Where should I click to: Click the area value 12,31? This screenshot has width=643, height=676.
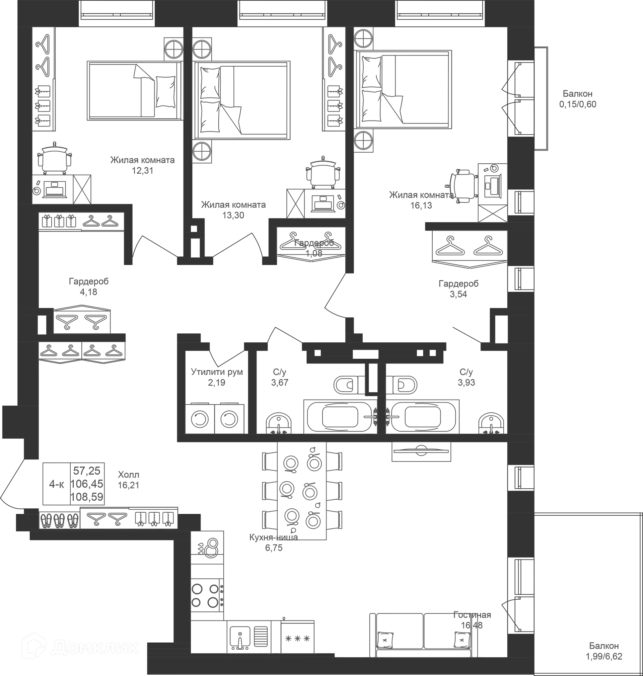pyautogui.click(x=143, y=171)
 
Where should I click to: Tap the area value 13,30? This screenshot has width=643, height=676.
pyautogui.click(x=233, y=216)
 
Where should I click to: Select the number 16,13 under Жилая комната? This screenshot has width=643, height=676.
pyautogui.click(x=421, y=205)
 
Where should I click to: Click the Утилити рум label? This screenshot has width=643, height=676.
pyautogui.click(x=217, y=372)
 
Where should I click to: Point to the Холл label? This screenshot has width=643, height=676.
pyautogui.click(x=129, y=475)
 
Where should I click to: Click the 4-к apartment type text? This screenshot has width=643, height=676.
pyautogui.click(x=57, y=484)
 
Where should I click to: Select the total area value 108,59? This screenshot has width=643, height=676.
pyautogui.click(x=87, y=497)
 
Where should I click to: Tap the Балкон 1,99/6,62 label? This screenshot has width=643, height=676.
pyautogui.click(x=604, y=651)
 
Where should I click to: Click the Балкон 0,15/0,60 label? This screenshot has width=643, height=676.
pyautogui.click(x=578, y=99)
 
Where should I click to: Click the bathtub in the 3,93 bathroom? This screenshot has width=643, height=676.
pyautogui.click(x=423, y=417)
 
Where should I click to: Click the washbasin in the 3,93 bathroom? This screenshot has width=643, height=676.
pyautogui.click(x=492, y=423)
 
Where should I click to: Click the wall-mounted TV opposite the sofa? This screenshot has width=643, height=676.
pyautogui.click(x=421, y=451)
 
